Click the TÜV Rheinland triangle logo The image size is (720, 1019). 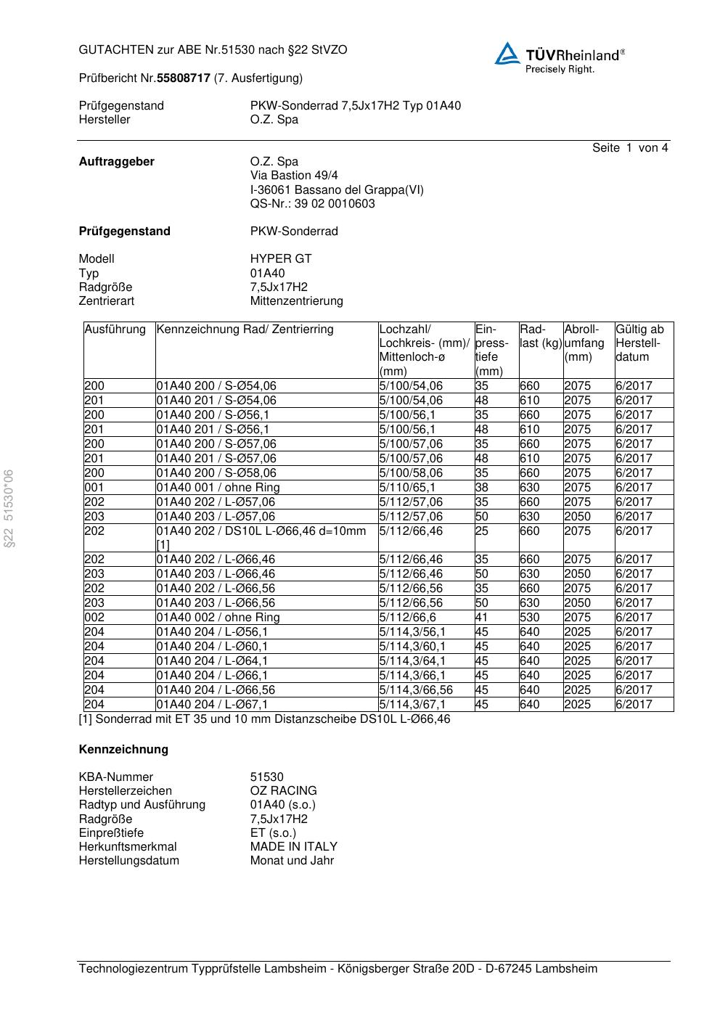(x=507, y=54)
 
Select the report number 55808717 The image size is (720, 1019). (x=184, y=78)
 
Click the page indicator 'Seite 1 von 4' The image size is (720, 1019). (x=629, y=148)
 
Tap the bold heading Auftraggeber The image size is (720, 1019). (x=116, y=162)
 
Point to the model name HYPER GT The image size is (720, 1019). (x=281, y=259)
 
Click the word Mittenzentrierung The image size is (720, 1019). (x=296, y=301)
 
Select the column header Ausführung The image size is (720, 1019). (x=115, y=330)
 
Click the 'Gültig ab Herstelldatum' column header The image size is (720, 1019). (x=639, y=343)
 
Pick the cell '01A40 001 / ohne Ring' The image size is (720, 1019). (x=218, y=488)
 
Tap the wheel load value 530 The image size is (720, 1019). (x=530, y=618)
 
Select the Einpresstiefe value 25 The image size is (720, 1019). (x=482, y=531)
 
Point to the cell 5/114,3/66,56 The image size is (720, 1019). (x=416, y=690)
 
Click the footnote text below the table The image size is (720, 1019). (x=264, y=719)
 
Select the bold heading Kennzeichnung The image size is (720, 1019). (x=123, y=750)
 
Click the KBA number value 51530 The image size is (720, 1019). (x=266, y=777)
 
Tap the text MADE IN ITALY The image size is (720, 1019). (x=293, y=846)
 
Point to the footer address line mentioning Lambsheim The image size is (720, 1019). (x=337, y=969)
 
